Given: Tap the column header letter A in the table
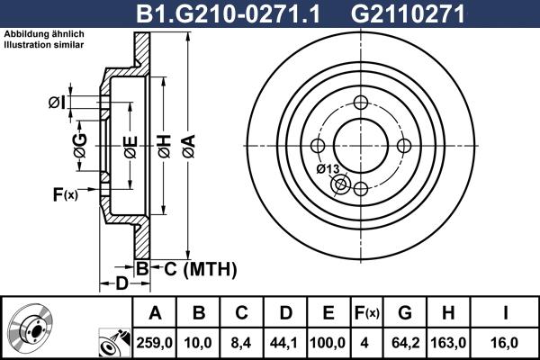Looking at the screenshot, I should tap(155, 313).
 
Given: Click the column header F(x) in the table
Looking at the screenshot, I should tap(367, 313).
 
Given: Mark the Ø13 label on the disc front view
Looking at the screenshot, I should tap(328, 169).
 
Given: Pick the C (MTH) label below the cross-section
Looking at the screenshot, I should tap(199, 268).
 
